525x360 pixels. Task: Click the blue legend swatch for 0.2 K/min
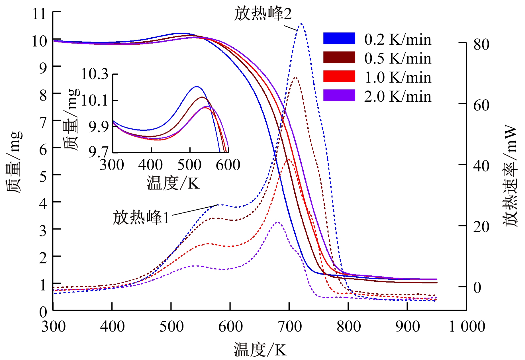339,38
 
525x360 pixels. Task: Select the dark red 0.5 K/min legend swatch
339,57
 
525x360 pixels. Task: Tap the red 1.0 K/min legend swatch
339,76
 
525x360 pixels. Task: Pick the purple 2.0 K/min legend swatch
339,95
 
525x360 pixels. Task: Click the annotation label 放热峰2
263,14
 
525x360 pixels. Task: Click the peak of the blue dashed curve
301,23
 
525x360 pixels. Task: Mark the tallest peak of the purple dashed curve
278,222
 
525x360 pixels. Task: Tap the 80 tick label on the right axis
481,44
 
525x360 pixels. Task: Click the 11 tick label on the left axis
39,14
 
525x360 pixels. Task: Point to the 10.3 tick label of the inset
95,74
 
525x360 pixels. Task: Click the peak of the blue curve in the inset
197,87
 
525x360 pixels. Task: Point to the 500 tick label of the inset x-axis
189,165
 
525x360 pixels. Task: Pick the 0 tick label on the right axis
477,288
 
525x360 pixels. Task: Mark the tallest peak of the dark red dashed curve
295,77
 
